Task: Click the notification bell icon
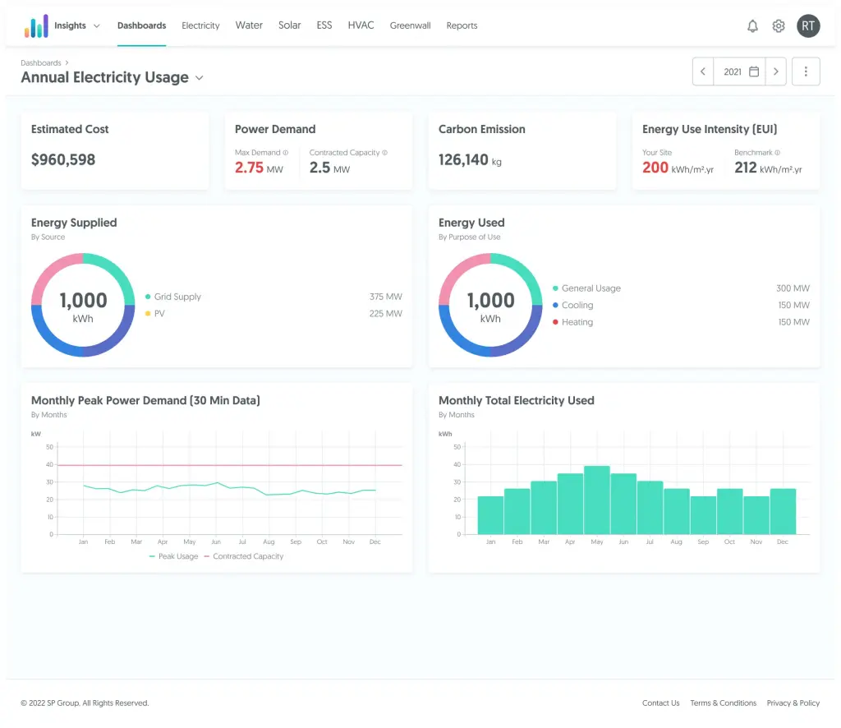coord(752,26)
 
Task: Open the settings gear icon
coord(779,26)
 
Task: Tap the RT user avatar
coord(808,25)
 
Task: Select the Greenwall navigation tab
coord(410,25)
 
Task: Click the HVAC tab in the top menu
coord(361,25)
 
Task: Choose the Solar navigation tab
coord(289,25)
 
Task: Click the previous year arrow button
coord(703,71)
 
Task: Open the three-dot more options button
coord(806,71)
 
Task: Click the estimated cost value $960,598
coord(63,159)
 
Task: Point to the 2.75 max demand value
coord(249,168)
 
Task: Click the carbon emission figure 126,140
coord(463,159)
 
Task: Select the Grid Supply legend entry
coord(177,297)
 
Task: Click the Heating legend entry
coord(577,322)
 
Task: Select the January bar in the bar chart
coord(490,514)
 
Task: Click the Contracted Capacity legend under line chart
coord(247,556)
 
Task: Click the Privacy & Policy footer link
coord(793,703)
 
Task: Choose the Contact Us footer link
coord(660,703)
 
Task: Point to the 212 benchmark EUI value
coord(745,168)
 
